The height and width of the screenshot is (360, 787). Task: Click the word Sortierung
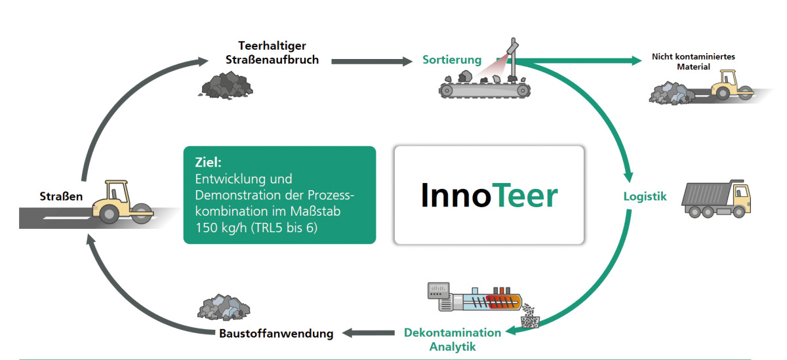pos(452,60)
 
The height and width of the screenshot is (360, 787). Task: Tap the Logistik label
pos(645,196)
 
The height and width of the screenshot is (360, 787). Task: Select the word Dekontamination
pos(453,332)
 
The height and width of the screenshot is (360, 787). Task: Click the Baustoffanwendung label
pos(276,333)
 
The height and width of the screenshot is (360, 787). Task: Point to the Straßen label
pos(61,196)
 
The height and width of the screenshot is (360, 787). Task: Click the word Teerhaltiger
pos(272,46)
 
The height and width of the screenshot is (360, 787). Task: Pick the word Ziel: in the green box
pos(209,162)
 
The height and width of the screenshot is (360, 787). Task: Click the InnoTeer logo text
pos(489,195)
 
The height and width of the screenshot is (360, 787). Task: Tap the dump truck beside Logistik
pos(716,199)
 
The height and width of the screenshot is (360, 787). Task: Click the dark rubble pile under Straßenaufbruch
pos(226,85)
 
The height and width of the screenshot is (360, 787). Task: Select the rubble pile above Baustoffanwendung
pos(224,308)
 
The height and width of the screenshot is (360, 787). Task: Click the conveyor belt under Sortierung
pos(485,90)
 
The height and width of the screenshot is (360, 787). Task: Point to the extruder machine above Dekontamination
pos(475,298)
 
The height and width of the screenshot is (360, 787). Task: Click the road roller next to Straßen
pos(123,203)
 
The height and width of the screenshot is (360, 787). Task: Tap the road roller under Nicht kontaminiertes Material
pos(733,85)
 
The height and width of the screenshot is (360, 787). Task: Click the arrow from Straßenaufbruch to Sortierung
pos(372,62)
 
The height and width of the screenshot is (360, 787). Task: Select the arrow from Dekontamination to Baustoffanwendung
pos(368,333)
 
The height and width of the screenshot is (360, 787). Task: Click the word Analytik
pos(453,347)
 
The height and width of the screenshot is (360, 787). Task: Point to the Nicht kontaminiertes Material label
pos(693,62)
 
